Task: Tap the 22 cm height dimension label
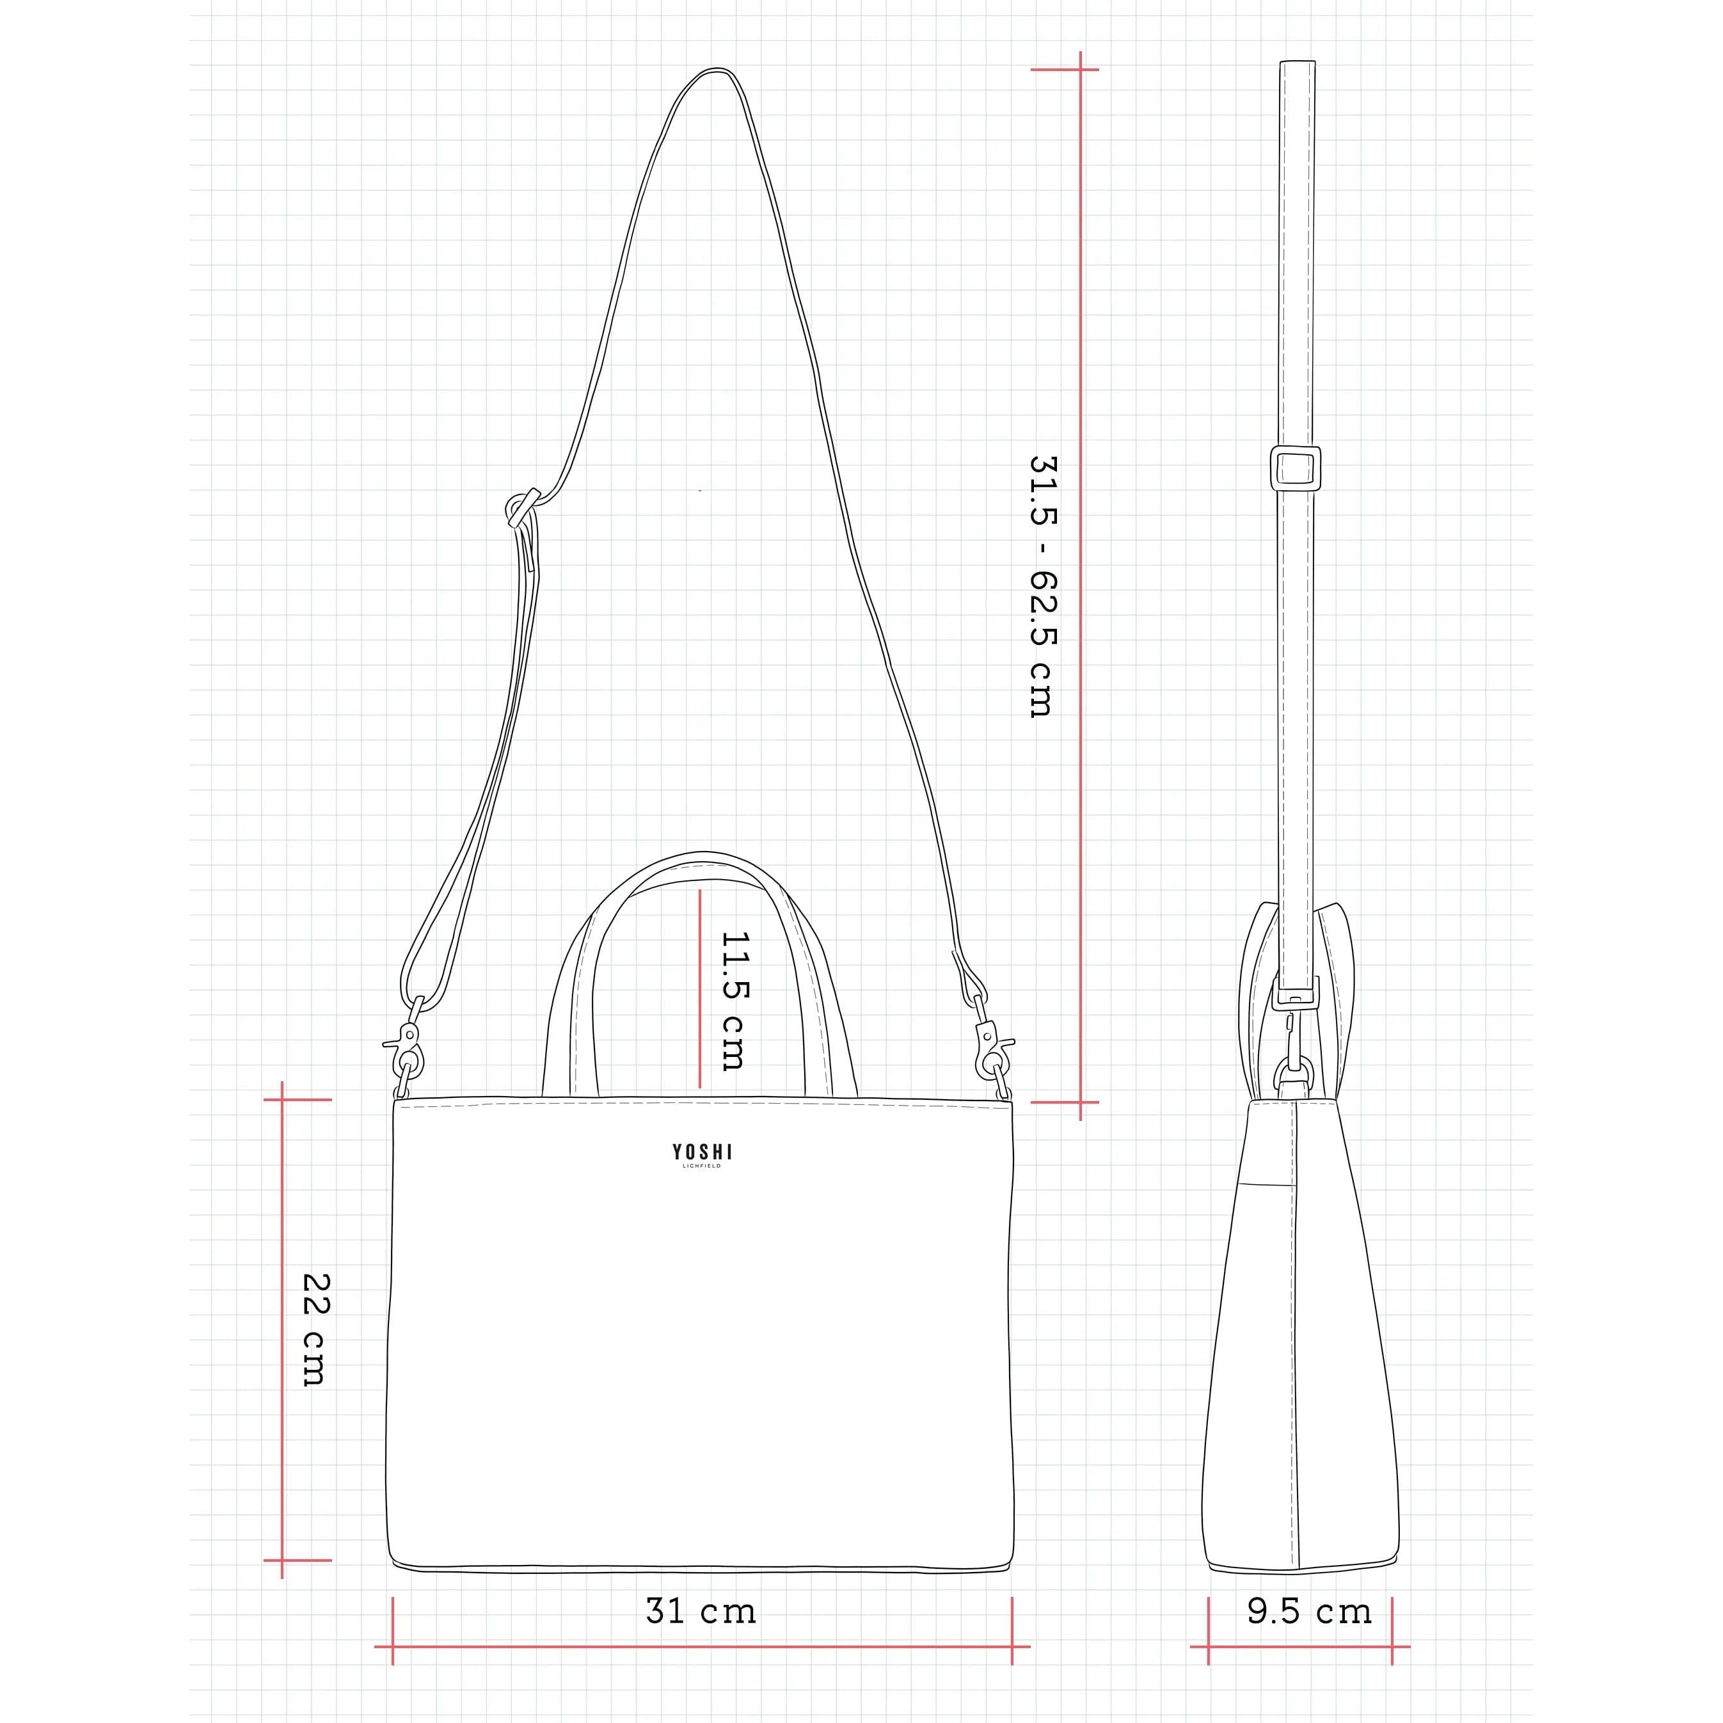click(x=315, y=1330)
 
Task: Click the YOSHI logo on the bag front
click(x=702, y=1152)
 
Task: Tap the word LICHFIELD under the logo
click(x=702, y=1166)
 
